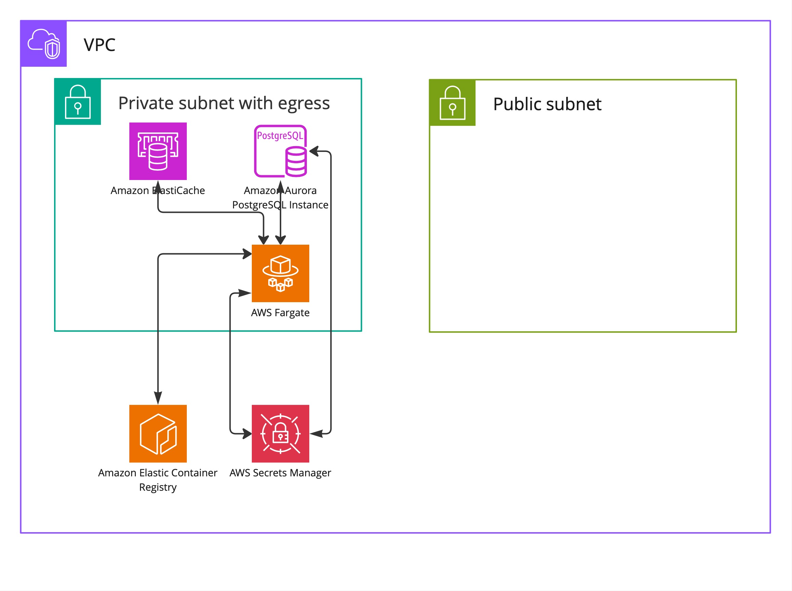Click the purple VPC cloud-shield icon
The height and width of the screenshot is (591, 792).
tap(44, 44)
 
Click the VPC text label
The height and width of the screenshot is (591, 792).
tap(100, 45)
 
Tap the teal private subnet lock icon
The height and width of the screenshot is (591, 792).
tap(78, 102)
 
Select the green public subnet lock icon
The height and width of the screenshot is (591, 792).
tap(452, 103)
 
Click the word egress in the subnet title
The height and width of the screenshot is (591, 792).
tap(303, 104)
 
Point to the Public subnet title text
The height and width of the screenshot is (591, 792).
tap(547, 104)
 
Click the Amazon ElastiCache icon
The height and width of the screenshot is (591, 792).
tap(158, 151)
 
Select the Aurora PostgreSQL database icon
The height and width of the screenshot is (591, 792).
tap(280, 151)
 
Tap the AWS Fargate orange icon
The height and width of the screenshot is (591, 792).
tap(280, 273)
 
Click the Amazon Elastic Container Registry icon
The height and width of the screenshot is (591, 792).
tap(158, 434)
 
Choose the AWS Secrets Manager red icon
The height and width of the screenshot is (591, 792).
tap(280, 434)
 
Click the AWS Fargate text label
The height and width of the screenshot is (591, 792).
tap(280, 313)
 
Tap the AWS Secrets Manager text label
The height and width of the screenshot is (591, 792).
tap(280, 473)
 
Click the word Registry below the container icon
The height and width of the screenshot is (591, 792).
tap(158, 487)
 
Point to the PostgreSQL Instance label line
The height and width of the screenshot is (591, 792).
tap(280, 205)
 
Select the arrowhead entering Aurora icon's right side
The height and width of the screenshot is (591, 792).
tap(314, 151)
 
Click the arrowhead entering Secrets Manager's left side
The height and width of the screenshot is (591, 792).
tap(247, 434)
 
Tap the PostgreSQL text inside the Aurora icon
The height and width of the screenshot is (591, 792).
tap(280, 136)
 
